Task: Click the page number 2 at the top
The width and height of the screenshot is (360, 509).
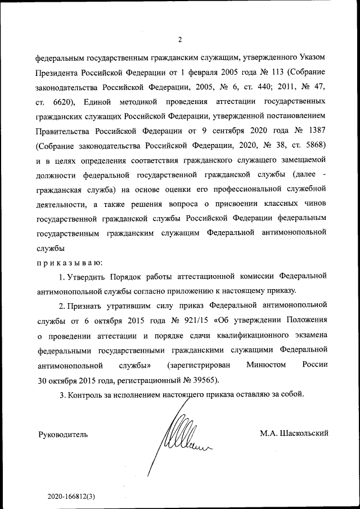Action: point(179,39)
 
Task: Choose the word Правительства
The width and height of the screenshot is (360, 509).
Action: point(63,131)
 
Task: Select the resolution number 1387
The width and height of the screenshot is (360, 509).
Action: point(315,131)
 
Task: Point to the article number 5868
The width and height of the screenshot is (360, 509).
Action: point(315,146)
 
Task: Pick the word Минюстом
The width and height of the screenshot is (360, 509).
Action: point(266,364)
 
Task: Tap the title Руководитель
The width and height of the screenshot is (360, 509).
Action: point(63,434)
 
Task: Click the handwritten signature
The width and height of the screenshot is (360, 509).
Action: point(180,436)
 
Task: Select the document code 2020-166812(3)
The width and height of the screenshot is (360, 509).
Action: point(71,497)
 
